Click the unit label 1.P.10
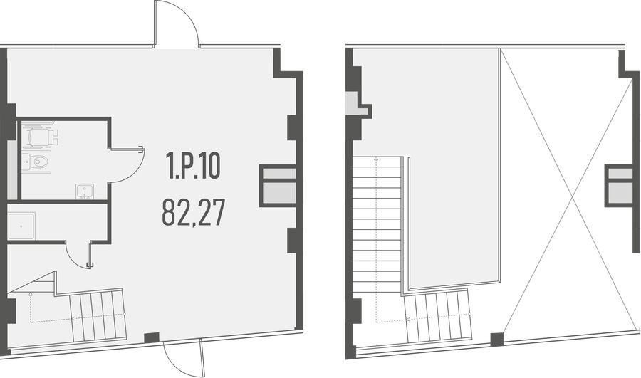click(193, 165)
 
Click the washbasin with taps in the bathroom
click(85, 191)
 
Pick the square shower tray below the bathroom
click(21, 226)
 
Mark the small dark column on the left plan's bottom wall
click(152, 338)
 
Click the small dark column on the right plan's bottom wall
click(498, 340)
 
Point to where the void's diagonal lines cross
click(571, 197)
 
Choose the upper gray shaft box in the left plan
click(278, 174)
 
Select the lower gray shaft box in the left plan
click(278, 193)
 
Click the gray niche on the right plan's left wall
click(352, 103)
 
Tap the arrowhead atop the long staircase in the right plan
click(376, 159)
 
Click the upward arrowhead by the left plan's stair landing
click(31, 293)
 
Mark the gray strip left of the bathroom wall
click(12, 170)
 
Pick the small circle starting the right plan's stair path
click(470, 314)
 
